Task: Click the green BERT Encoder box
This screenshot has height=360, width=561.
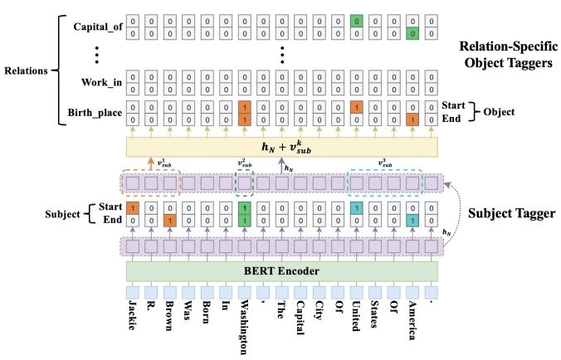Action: coord(281,270)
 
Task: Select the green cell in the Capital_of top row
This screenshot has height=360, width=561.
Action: coord(356,19)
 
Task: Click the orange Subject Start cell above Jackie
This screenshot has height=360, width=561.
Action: coord(132,207)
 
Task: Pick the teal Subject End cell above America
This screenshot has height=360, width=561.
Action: coord(412,220)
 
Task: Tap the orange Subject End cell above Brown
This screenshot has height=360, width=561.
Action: coord(169,220)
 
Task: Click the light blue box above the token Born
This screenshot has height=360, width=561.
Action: coord(206,292)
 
